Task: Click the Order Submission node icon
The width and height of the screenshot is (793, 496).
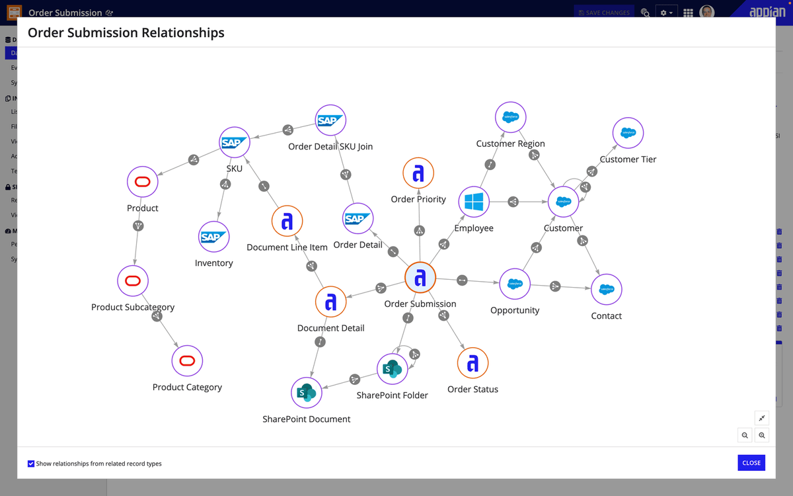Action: [420, 278]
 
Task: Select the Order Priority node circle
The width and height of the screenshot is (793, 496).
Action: [418, 173]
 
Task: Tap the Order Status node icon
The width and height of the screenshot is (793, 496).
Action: [472, 363]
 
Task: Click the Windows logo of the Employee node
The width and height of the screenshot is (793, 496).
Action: [474, 202]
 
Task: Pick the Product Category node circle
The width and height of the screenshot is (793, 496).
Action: [187, 361]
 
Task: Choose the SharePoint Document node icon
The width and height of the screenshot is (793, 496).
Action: [306, 393]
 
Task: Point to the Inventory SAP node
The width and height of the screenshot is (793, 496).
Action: [213, 237]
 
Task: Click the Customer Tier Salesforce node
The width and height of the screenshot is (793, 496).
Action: [628, 132]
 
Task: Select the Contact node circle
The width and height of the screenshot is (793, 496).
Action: [606, 289]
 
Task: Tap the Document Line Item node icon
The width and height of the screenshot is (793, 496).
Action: [287, 222]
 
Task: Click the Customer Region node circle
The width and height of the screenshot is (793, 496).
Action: [510, 118]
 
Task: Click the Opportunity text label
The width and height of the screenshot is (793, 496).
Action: [515, 310]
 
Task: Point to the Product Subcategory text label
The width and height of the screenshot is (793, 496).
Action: [133, 307]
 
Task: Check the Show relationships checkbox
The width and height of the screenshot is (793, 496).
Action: [31, 464]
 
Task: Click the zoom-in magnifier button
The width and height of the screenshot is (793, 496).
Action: [762, 435]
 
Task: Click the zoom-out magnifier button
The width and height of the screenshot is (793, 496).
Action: [745, 435]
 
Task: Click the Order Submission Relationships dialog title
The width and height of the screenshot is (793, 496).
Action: [126, 32]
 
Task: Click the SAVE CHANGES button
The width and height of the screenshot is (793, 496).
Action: [603, 13]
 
